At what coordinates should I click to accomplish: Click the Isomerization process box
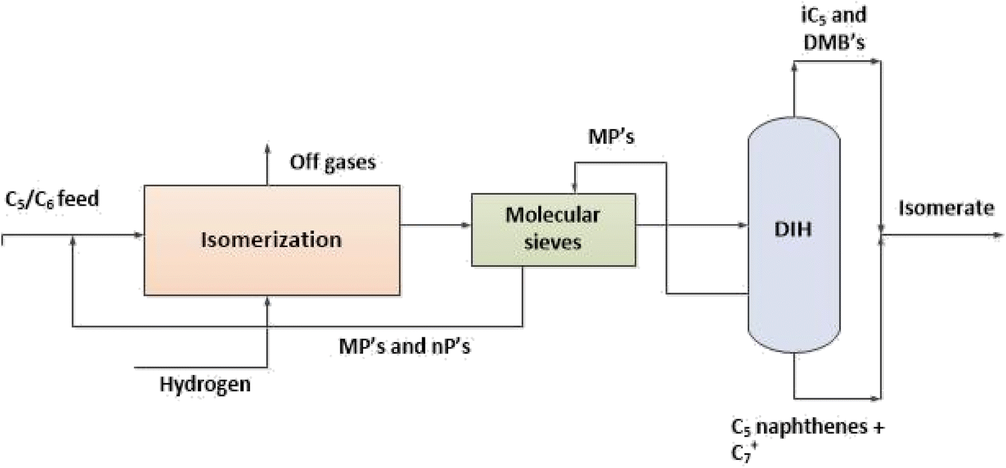point(272,240)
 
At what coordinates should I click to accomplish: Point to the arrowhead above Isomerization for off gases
point(267,148)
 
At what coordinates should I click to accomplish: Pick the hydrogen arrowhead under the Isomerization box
point(267,303)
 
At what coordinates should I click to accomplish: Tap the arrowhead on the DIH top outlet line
point(876,60)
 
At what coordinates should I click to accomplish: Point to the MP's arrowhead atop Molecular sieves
point(575,188)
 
